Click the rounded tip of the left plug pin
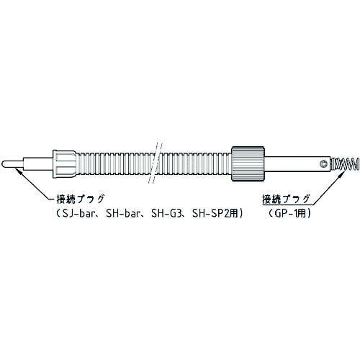pos(3,164)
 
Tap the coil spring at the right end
pos(345,164)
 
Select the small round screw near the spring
pos(324,164)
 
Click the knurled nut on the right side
pos(248,163)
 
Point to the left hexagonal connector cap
pos(64,164)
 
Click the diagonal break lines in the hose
pos(156,163)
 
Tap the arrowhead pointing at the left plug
pos(18,171)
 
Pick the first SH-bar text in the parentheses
pos(122,213)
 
